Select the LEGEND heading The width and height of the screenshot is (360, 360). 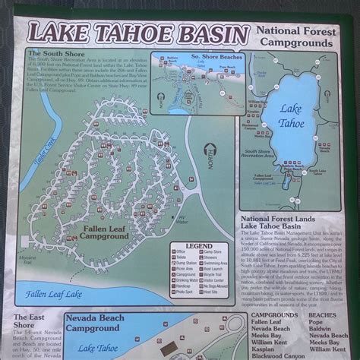[x=199, y=245]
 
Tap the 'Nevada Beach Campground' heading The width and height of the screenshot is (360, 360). [x=93, y=323]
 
